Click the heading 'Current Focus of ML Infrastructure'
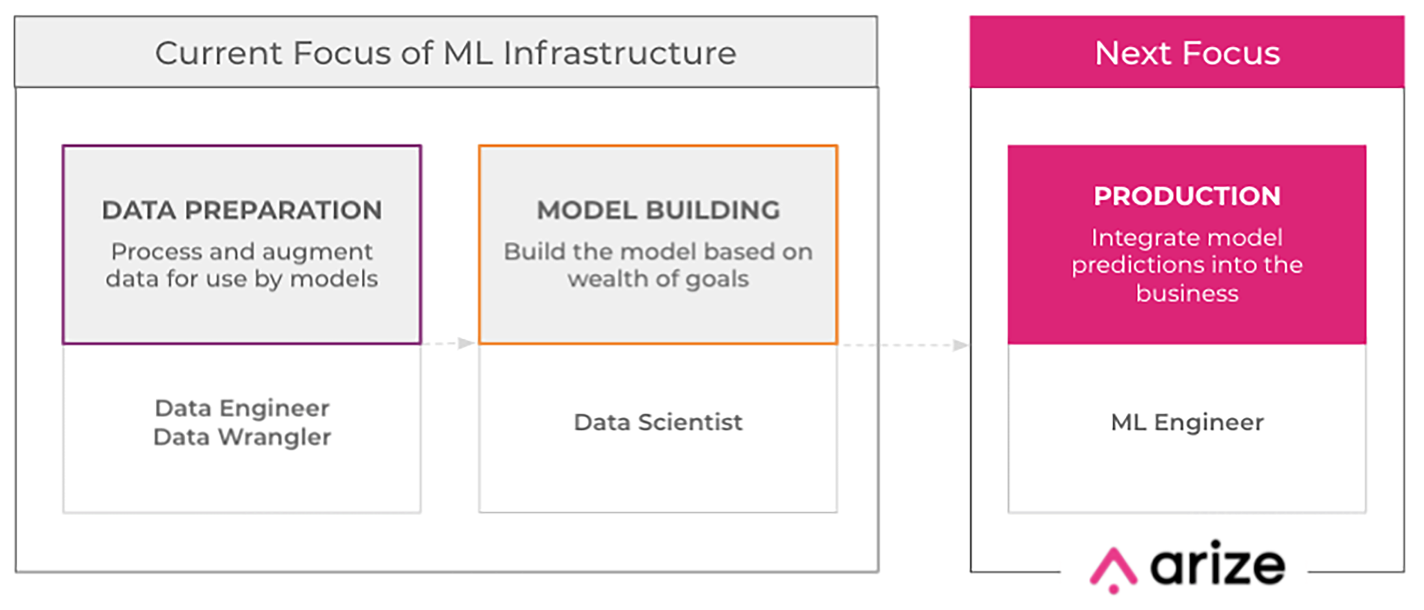click(445, 54)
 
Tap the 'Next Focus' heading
click(1187, 53)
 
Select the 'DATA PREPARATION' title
click(242, 210)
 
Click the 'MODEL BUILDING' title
click(658, 210)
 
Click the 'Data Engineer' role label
click(242, 408)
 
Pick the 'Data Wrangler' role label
click(242, 437)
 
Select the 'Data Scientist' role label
click(658, 423)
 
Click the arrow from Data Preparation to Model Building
click(448, 344)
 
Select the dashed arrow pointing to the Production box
click(903, 345)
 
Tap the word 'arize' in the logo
click(1218, 564)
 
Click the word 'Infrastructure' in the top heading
click(620, 53)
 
